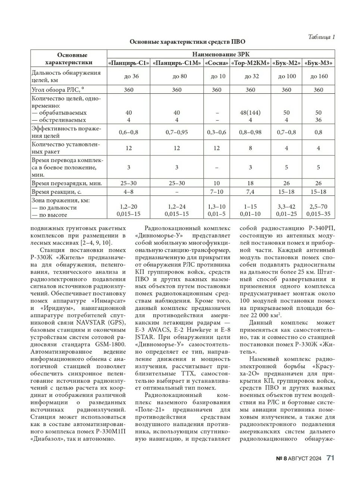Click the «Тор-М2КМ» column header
tap(250, 63)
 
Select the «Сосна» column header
tap(216, 63)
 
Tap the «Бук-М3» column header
tap(318, 63)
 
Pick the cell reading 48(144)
tap(250, 112)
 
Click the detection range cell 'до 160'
tap(318, 76)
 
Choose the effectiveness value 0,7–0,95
tap(176, 132)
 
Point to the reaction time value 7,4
tap(250, 192)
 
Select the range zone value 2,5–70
tap(318, 207)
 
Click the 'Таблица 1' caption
tap(321, 37)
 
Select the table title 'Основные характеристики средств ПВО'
tap(187, 42)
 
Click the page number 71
tap(331, 458)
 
